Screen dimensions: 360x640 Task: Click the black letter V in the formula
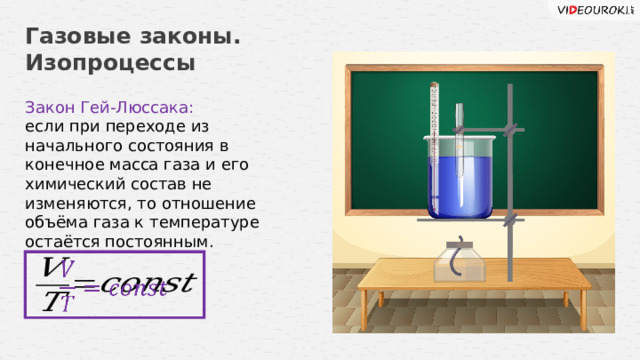(x=53, y=269)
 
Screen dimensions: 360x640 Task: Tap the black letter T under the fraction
(x=51, y=299)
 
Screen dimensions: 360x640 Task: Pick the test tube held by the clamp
(x=456, y=150)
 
